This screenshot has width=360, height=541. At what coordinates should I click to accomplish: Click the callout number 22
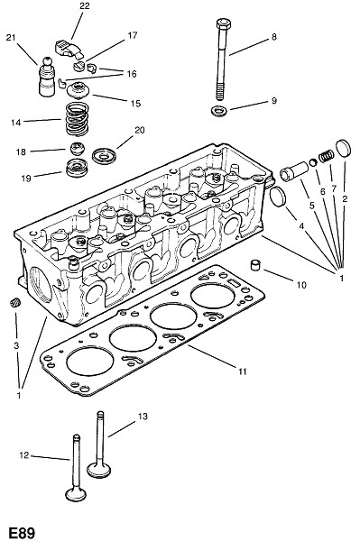pos(84,6)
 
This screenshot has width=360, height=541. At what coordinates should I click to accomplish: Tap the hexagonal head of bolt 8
pos(224,24)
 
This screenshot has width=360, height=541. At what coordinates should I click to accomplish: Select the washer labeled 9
pos(219,111)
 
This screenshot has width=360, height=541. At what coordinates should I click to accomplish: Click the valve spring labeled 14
pos(77,119)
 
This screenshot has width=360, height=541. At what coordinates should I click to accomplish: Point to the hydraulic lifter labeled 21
pos(47,77)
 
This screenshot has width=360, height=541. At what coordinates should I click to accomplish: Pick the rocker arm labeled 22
pos(69,49)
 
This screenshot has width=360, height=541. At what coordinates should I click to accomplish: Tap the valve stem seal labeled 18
pos(78,149)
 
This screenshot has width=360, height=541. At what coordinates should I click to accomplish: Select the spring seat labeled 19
pos(77,168)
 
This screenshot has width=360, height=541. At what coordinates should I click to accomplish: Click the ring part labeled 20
pos(104,156)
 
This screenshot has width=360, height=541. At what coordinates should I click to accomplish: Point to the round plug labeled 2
pos(343,148)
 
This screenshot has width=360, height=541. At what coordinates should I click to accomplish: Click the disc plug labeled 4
pos(278,197)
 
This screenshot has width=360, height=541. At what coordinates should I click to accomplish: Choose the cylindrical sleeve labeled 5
pos(294,171)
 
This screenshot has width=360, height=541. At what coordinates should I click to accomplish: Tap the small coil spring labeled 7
pos(327,156)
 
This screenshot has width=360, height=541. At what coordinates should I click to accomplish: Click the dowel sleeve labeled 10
pos(255,264)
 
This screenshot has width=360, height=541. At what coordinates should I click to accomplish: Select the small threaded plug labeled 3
pos(14,303)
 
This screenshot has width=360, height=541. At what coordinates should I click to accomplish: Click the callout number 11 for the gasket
pos(243,371)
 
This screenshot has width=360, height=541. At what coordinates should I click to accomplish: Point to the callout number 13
pos(143,416)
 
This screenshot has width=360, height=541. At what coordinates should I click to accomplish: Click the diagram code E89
pos(22,533)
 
